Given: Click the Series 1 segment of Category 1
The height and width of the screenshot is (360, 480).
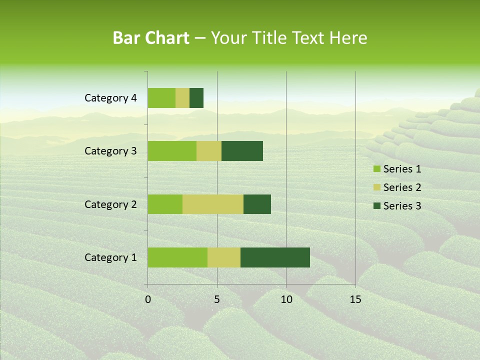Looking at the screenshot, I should coord(177,257).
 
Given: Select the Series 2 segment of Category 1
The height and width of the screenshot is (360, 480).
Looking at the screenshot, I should coord(224,257).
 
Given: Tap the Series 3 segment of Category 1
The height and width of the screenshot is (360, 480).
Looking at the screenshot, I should coord(275,257).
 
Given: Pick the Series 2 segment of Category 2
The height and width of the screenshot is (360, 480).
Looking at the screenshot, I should coord(213,204).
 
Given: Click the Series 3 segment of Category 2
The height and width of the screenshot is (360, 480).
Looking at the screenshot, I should coord(257,204).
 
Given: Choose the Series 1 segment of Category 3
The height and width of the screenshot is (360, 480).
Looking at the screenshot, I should coord(172,151).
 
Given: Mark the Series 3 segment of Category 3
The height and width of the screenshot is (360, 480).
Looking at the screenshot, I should coord(242,151).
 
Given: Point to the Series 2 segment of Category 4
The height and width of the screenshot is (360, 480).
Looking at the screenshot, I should coord(182,98).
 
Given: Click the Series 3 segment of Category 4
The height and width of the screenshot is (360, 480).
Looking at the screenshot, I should coord(196,98).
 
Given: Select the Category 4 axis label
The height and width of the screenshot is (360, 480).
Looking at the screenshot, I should coord(110,98).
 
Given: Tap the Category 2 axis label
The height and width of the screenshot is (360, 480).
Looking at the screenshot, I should coord(110,204).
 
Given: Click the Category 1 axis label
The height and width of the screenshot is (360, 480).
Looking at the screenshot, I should coord(110,257).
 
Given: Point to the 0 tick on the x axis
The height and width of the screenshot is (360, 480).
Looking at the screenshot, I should coord(148,299).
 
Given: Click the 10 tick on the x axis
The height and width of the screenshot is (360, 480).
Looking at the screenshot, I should coord(286,299).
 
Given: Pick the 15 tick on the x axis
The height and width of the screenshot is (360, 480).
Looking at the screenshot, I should coord(355,299).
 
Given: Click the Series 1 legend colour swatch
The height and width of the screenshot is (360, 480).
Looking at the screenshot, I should coord(376,169).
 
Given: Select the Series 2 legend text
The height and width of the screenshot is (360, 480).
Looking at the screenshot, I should coord(402,187).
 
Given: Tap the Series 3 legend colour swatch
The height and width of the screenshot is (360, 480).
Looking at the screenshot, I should coord(376,206).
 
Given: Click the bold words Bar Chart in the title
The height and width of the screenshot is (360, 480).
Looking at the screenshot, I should coord(151,38).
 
